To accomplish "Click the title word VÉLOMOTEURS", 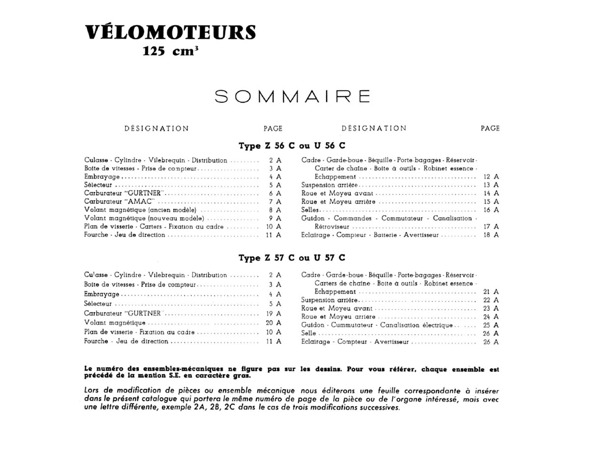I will pyautogui.click(x=170, y=32).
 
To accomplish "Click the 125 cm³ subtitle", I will pyautogui.click(x=170, y=51).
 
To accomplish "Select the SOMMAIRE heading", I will pyautogui.click(x=292, y=96).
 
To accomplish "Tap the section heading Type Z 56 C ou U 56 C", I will pyautogui.click(x=292, y=145).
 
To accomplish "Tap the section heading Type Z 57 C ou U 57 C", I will pyautogui.click(x=292, y=258).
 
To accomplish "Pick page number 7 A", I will pyautogui.click(x=275, y=202).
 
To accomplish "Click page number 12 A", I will pyautogui.click(x=491, y=177).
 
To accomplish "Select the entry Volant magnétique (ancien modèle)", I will pyautogui.click(x=140, y=210).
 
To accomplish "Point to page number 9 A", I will pyautogui.click(x=275, y=218).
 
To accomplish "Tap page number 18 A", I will pyautogui.click(x=491, y=235).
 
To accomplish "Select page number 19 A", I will pyautogui.click(x=273, y=313).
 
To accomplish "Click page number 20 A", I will pyautogui.click(x=273, y=323).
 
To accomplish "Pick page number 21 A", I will pyautogui.click(x=491, y=292).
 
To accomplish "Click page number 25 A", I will pyautogui.click(x=491, y=325).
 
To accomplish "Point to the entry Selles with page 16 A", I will pyautogui.click(x=310, y=210).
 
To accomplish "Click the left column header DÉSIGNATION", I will pyautogui.click(x=157, y=129).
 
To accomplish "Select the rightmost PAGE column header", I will pyautogui.click(x=490, y=129).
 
